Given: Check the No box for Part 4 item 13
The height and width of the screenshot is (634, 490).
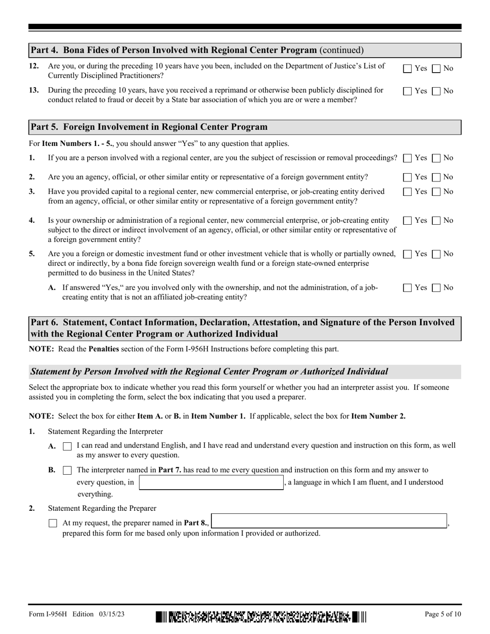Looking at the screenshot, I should click(x=436, y=91).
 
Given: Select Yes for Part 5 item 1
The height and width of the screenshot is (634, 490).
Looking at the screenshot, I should click(x=407, y=158).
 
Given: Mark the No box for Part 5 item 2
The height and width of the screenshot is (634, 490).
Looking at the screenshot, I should click(x=436, y=177).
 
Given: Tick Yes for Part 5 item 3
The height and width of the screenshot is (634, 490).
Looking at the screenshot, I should click(x=407, y=192).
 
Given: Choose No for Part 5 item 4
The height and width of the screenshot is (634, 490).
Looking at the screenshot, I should click(x=436, y=221).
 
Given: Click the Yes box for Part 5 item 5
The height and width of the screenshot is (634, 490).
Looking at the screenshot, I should click(x=407, y=254).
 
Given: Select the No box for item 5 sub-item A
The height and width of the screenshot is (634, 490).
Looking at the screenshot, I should click(x=436, y=288).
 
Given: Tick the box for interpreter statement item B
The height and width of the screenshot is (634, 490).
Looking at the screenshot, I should click(x=67, y=471).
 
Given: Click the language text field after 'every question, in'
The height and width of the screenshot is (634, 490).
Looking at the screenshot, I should click(x=211, y=482).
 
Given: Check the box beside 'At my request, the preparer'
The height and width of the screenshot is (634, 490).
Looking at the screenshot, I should click(x=53, y=523).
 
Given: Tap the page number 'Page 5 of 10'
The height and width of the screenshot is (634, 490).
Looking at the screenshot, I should click(x=443, y=614).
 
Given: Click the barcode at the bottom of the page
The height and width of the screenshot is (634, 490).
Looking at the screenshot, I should click(x=260, y=616).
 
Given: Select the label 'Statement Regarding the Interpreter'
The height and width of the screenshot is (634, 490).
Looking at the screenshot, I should click(x=105, y=431).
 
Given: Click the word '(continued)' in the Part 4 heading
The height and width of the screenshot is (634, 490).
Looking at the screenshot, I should click(x=341, y=50).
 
